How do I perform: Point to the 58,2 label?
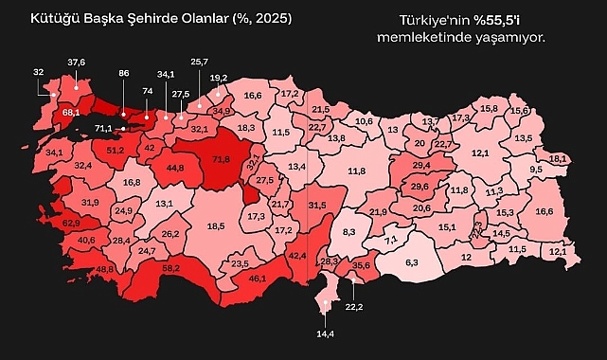click(x=171, y=269)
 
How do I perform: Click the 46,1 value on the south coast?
click(x=257, y=279)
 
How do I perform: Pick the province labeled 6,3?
click(x=411, y=261)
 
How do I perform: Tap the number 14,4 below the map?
click(x=324, y=334)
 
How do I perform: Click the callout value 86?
click(x=123, y=72)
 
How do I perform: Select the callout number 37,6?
click(x=76, y=62)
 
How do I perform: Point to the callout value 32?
click(x=38, y=72)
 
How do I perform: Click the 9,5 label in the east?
click(x=535, y=169)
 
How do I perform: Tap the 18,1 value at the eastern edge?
click(x=558, y=158)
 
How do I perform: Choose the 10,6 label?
click(x=364, y=121)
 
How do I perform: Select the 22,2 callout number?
click(x=354, y=307)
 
